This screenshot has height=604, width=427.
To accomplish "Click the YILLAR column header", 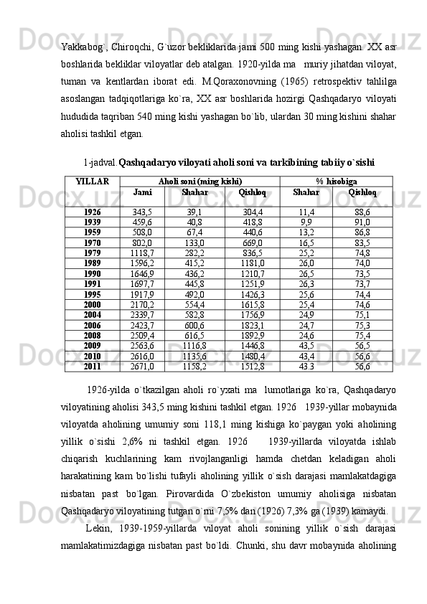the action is tap(92, 182).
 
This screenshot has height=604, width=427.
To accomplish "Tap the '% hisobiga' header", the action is tap(337, 182).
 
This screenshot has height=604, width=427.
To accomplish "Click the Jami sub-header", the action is tap(142, 192).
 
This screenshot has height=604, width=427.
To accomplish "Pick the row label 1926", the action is tap(92, 212).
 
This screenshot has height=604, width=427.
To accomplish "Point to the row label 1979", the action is tap(92, 253).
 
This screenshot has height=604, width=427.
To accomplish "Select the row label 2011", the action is tap(92, 367).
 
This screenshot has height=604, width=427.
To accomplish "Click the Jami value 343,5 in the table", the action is tap(142, 212).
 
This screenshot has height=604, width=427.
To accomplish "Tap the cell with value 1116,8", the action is tap(194, 346).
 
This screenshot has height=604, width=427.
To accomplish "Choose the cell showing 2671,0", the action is tap(142, 367).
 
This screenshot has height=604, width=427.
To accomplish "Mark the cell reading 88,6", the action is tap(362, 212).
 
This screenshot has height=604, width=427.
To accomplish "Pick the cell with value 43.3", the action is tap(306, 367).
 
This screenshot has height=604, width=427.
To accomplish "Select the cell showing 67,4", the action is tap(194, 232).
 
